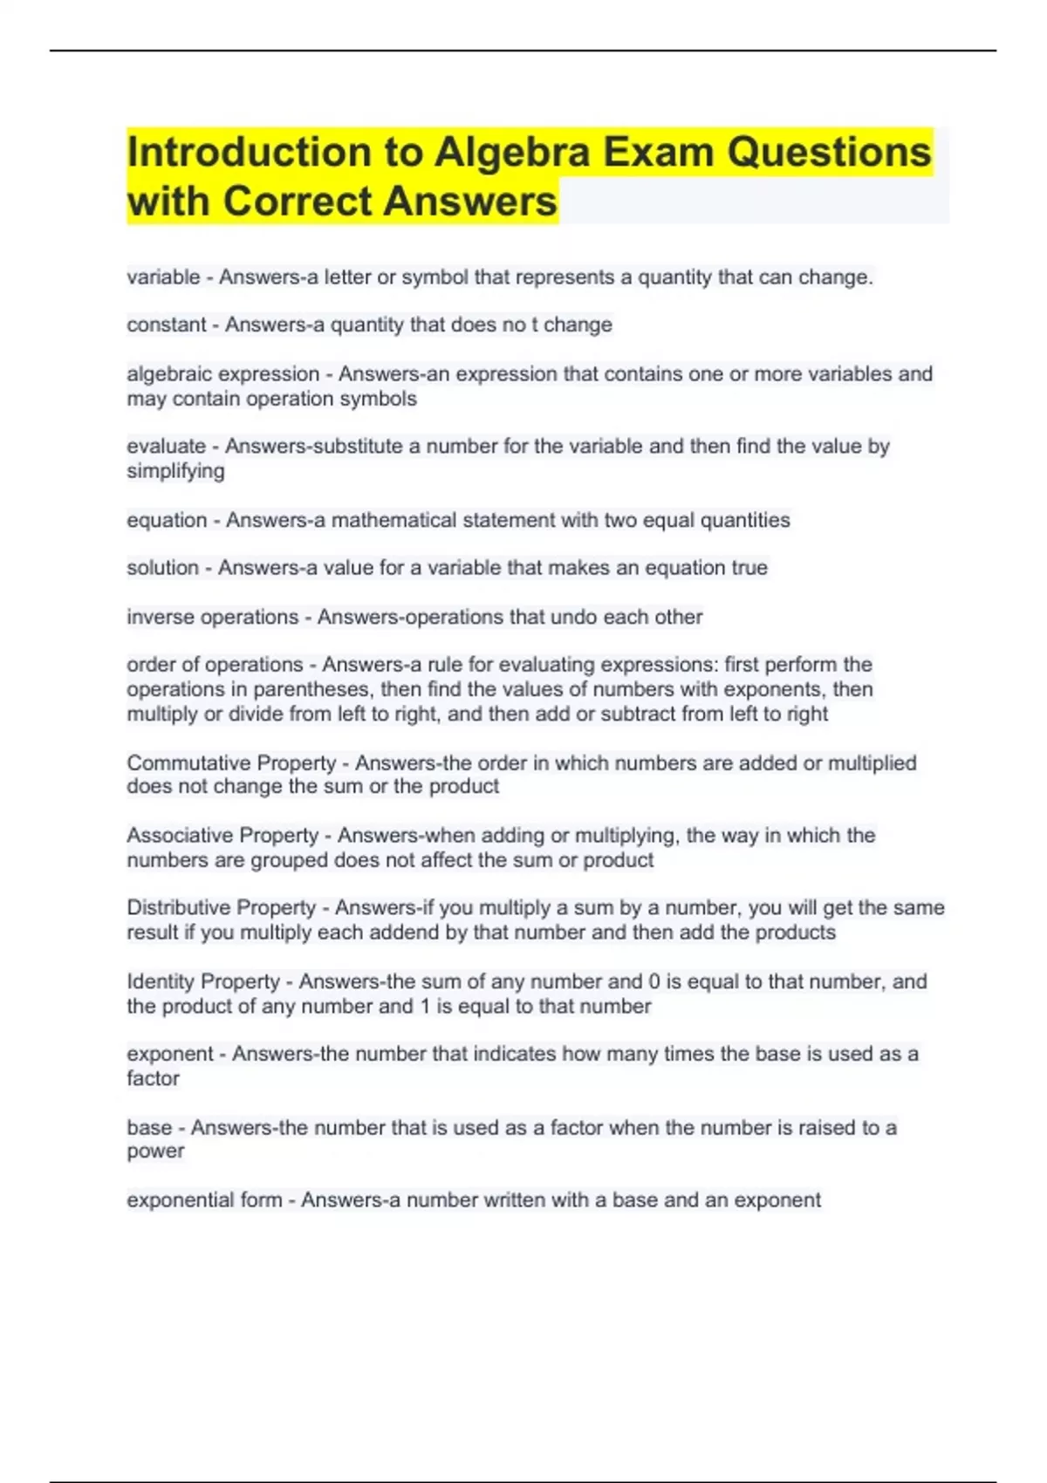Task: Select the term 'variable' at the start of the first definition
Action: (163, 277)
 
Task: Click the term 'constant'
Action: (167, 325)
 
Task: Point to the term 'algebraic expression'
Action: (222, 374)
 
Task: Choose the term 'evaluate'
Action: (166, 447)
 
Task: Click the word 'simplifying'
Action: (175, 471)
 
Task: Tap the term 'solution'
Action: (162, 568)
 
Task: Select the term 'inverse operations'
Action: (212, 618)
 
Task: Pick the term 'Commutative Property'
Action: (231, 763)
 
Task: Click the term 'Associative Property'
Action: (222, 836)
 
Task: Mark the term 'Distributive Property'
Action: (221, 908)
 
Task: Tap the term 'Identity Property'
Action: (203, 982)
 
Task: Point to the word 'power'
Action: (155, 1152)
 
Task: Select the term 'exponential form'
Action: (204, 1200)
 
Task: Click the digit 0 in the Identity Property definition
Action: (654, 982)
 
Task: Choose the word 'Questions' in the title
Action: (829, 153)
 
